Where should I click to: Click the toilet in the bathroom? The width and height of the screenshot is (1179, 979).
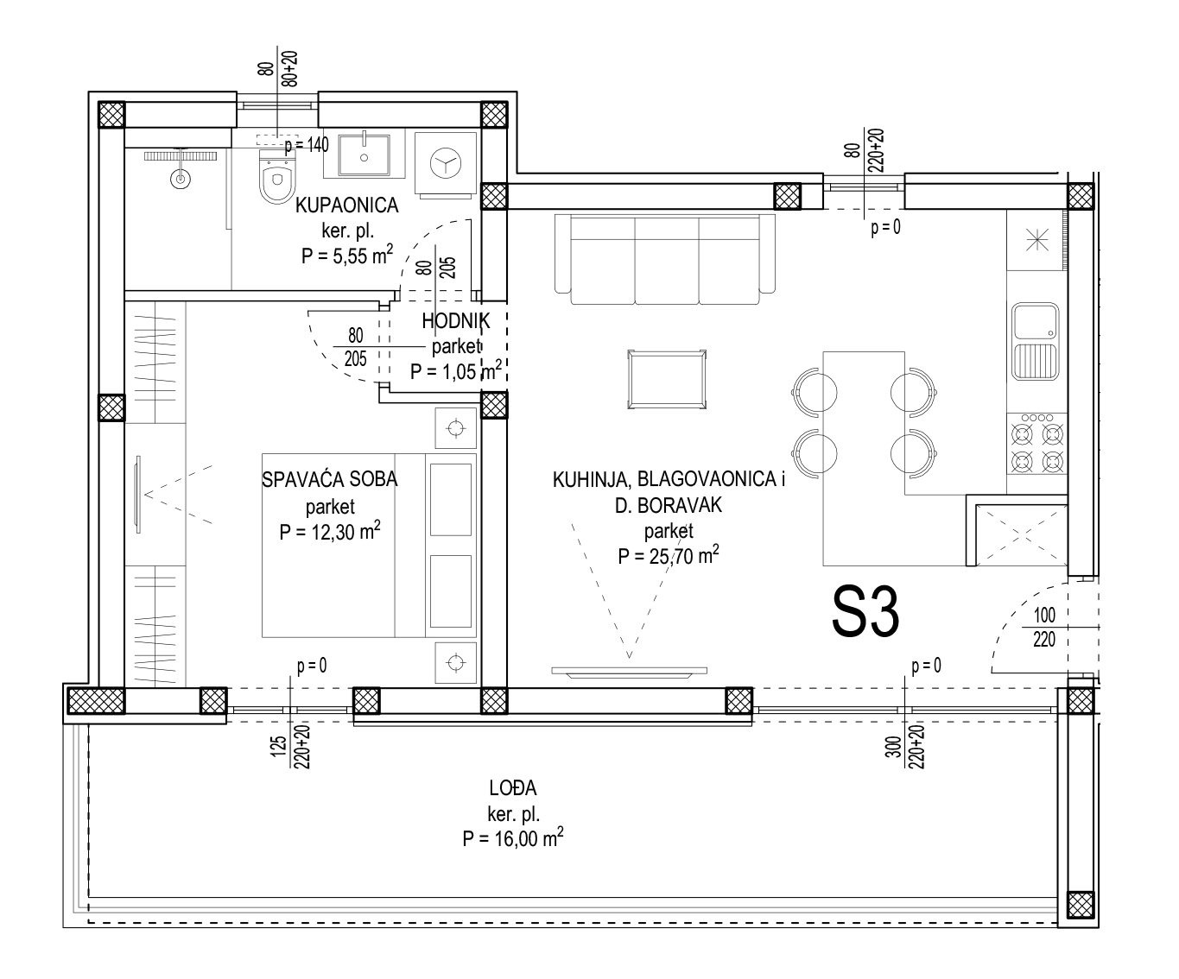[277, 175]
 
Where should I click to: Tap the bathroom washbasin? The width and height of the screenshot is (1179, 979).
[364, 155]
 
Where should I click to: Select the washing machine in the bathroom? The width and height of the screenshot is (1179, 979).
[446, 164]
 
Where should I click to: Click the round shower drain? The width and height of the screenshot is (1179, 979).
[181, 180]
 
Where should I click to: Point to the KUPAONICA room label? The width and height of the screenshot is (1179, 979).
[346, 205]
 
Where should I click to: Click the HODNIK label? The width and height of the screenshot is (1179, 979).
[456, 321]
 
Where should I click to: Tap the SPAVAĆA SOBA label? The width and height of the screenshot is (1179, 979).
[330, 480]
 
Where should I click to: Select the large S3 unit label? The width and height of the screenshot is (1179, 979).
[865, 612]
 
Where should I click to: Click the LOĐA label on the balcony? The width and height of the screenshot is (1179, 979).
[513, 787]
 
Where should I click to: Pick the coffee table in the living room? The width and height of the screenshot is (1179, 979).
[667, 379]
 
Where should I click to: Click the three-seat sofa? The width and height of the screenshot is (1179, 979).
[664, 259]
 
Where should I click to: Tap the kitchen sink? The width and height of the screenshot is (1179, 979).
[1035, 341]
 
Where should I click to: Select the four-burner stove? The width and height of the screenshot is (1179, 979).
[1036, 445]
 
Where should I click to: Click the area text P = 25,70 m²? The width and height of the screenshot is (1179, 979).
[668, 556]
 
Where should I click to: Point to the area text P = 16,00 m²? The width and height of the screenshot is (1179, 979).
[513, 838]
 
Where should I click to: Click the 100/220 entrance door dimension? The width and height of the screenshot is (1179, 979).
[1044, 627]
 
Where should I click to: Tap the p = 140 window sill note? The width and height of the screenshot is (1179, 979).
[307, 146]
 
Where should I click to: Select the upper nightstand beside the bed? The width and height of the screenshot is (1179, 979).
[456, 429]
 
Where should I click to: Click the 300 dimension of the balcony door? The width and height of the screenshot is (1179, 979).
[894, 746]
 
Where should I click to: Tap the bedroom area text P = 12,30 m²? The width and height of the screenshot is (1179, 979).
[330, 532]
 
